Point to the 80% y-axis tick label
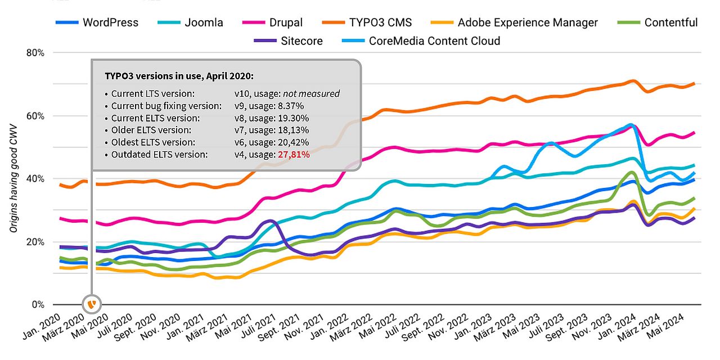click(x=35, y=53)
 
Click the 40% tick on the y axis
click(x=35, y=179)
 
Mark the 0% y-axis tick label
click(x=37, y=305)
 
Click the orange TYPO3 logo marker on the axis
click(x=92, y=304)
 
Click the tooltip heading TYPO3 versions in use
click(x=179, y=75)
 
